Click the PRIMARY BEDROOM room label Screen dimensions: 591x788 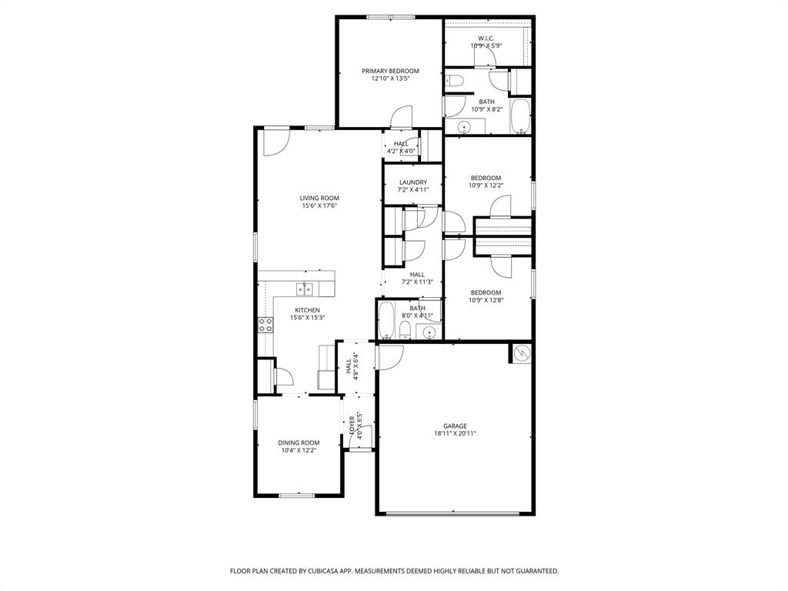point(390,71)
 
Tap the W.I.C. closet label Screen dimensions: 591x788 point(486,38)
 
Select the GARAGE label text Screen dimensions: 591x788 point(455,426)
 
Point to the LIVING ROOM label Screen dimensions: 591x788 point(319,198)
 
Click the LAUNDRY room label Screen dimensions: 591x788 point(412,182)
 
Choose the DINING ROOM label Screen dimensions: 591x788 point(299,442)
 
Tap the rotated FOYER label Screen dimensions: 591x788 point(352,426)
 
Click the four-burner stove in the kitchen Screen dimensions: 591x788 point(265,325)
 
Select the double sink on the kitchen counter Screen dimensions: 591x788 point(306,289)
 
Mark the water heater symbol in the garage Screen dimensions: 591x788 point(522,352)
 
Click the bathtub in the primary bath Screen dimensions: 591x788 point(521,116)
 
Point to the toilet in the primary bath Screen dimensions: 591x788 point(453,79)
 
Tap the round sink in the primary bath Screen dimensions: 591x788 point(465,127)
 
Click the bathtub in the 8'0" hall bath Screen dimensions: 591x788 point(386,320)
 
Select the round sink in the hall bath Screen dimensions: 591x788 point(429,332)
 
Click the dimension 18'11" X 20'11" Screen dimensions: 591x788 point(455,434)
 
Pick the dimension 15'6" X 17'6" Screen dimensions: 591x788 point(319,206)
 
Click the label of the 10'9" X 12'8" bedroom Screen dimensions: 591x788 point(486,292)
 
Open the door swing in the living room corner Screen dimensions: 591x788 point(275,141)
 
